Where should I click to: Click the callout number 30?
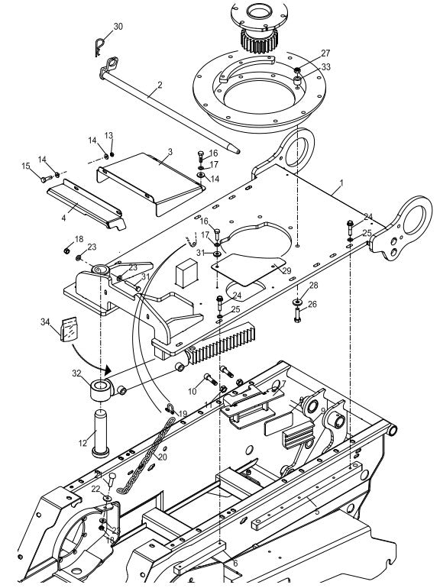(x=117, y=27)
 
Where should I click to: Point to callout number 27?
(x=326, y=53)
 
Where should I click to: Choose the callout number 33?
(x=326, y=67)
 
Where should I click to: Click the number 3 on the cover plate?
(x=170, y=152)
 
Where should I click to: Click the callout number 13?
(x=108, y=135)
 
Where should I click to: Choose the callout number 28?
(x=313, y=286)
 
